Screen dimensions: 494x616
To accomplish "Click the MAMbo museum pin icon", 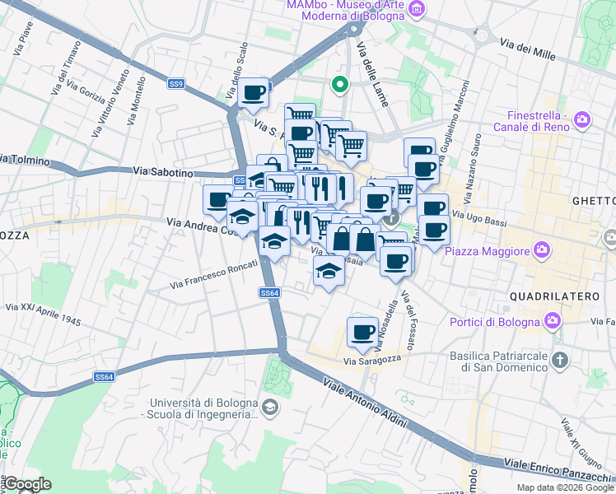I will (418, 9).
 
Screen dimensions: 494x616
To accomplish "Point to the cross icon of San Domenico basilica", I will (560, 360).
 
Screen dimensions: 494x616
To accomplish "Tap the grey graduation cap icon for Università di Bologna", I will (269, 408).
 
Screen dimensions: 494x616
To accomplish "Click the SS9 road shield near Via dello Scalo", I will (176, 83).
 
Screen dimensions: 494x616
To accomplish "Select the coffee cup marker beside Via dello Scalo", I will (254, 92).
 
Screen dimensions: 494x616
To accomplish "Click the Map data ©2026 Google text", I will (564, 487).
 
